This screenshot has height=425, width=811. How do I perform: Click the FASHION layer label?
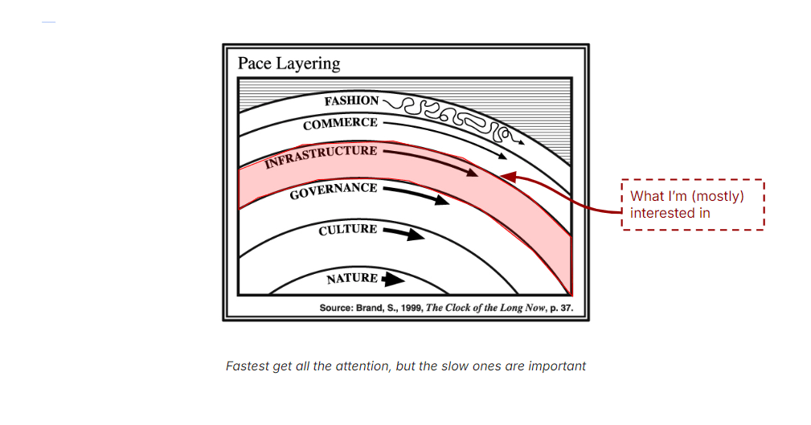(x=351, y=101)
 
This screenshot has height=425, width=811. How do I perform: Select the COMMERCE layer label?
(x=340, y=124)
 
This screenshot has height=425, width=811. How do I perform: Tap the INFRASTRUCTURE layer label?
(x=321, y=156)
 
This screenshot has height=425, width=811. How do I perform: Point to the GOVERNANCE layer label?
(x=334, y=191)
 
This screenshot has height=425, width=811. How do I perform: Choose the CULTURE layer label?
(x=347, y=231)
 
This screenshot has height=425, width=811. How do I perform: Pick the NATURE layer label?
(x=352, y=279)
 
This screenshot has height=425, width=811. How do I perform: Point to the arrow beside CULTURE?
(x=403, y=234)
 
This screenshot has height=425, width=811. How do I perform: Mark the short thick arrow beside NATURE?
(x=393, y=279)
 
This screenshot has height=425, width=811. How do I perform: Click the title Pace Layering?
(x=289, y=63)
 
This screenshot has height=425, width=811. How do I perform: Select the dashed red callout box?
(x=692, y=204)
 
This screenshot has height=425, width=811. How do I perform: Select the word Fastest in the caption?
(x=248, y=366)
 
